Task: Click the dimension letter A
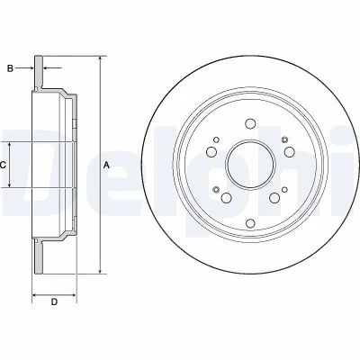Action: (x=106, y=165)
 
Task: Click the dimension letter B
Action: (x=10, y=68)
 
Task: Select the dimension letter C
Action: (x=3, y=165)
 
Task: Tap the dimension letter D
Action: (x=54, y=301)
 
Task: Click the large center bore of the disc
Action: (x=250, y=165)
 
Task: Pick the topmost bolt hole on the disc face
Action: (x=250, y=123)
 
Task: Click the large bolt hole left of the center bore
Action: (x=211, y=151)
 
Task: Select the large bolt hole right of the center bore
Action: (x=289, y=151)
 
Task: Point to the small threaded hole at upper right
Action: (x=284, y=139)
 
